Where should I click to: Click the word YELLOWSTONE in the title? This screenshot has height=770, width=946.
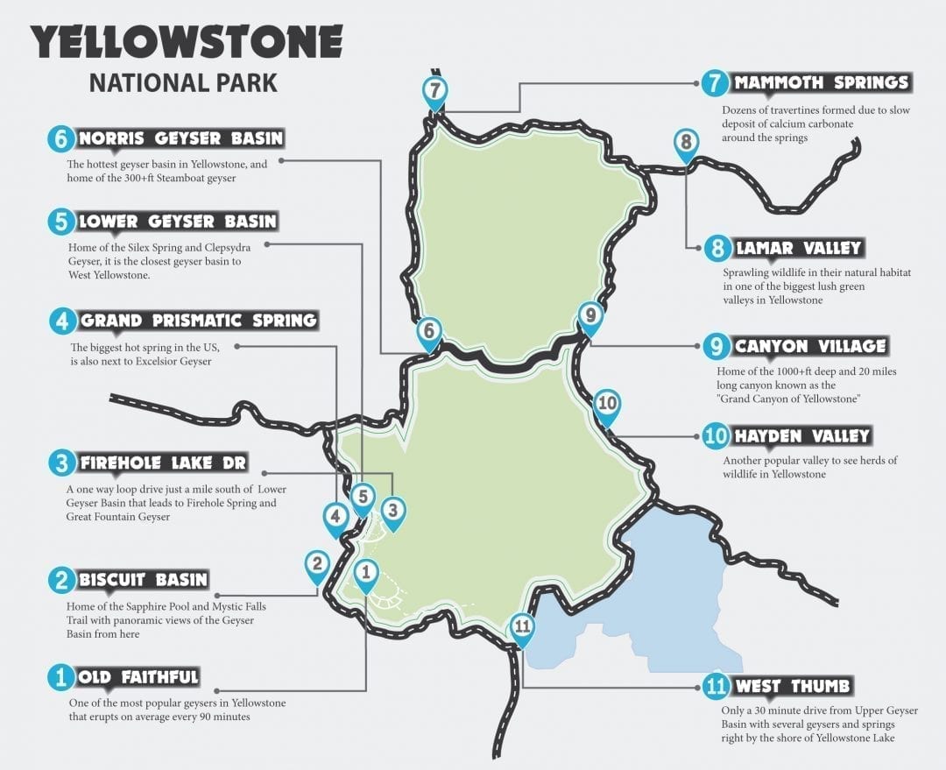click(186, 42)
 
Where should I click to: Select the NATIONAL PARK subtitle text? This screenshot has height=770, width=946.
click(183, 83)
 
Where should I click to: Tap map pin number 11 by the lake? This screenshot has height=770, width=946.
click(522, 627)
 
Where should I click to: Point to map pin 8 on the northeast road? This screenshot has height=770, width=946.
click(686, 143)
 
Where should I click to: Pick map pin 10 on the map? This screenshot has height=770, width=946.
click(606, 405)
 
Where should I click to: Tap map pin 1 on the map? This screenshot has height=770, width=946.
click(366, 574)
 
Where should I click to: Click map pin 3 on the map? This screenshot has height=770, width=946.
click(393, 510)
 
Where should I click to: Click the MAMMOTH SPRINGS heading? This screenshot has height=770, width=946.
click(821, 83)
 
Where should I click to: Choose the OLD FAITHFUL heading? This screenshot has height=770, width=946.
click(138, 677)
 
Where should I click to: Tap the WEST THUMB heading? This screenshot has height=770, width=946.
click(792, 686)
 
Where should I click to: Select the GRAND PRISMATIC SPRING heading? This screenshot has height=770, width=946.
click(198, 321)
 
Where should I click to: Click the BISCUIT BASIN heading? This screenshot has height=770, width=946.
click(143, 580)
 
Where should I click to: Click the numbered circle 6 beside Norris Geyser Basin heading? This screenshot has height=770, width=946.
click(60, 139)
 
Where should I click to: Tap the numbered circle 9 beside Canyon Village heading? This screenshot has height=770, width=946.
click(717, 347)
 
